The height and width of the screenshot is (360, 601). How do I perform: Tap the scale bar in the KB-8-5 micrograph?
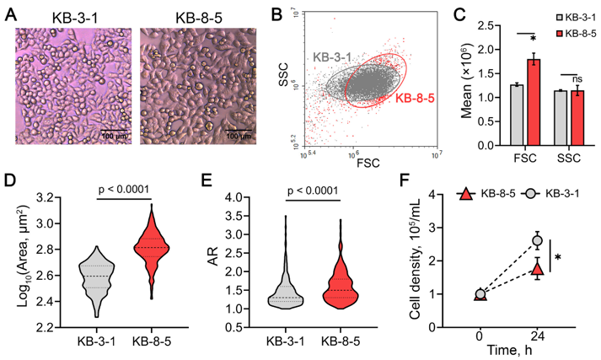(238, 128)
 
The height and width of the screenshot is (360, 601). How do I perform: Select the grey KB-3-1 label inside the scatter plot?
(338, 56)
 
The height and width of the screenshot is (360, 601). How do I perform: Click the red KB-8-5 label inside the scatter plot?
(412, 99)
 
